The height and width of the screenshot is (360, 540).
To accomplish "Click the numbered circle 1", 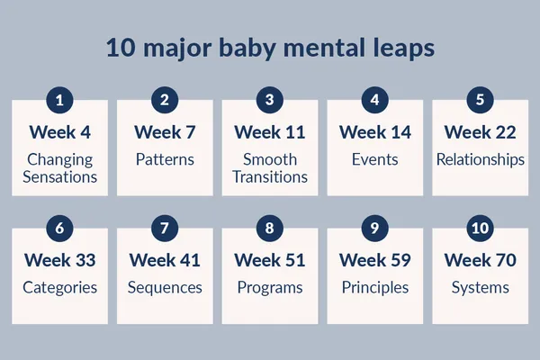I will (59, 99).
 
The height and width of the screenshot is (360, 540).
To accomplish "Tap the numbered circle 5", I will (480, 99).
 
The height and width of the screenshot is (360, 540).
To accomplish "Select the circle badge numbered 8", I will (270, 228).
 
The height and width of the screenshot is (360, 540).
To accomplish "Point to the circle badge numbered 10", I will (480, 228).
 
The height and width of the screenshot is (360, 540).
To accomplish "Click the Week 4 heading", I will (59, 132).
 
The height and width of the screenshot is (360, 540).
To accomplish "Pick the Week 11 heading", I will (270, 132).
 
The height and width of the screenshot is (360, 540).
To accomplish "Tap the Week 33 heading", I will (59, 261).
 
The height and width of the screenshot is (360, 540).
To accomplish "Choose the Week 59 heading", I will (375, 261).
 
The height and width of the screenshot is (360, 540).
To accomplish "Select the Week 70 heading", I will (480, 261).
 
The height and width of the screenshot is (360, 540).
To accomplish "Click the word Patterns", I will (165, 160).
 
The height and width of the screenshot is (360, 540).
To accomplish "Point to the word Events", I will (375, 160).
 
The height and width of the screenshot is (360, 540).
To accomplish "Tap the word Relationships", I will (480, 160).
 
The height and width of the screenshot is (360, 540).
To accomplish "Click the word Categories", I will (59, 288).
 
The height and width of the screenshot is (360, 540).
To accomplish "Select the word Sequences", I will (165, 288).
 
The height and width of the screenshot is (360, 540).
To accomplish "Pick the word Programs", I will (270, 288).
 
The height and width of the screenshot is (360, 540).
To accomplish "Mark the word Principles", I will (375, 288).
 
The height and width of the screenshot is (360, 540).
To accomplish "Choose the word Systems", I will (480, 288).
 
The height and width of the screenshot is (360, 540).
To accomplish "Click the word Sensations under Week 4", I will (59, 177).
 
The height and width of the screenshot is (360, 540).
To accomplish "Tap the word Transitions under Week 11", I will (270, 177).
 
